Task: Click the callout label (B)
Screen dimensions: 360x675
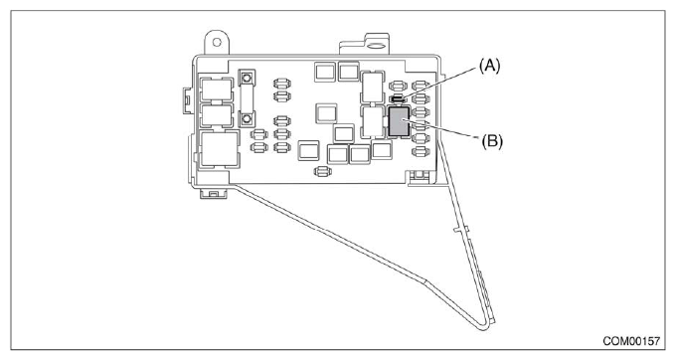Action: (x=492, y=139)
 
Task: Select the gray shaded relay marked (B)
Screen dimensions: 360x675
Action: (x=400, y=122)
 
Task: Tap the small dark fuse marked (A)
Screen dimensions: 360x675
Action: (x=397, y=99)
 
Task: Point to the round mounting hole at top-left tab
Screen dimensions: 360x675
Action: (x=212, y=44)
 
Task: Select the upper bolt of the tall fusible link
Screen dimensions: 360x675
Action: (x=245, y=78)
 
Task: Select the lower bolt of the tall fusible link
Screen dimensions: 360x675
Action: (x=245, y=120)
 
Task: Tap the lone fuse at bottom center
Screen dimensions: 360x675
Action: (x=321, y=172)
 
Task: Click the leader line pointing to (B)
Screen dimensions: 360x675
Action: (x=447, y=130)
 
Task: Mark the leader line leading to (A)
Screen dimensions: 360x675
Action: (x=442, y=85)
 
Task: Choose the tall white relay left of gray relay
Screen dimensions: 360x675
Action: (x=373, y=122)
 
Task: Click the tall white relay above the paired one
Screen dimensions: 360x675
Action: (x=373, y=86)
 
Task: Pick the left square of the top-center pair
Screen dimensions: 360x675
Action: (x=323, y=71)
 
